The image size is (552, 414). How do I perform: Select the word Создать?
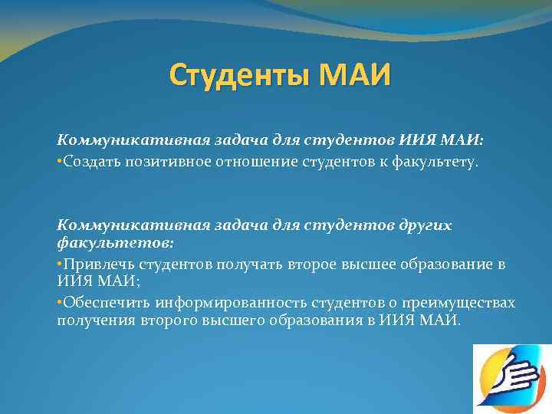(x=90, y=162)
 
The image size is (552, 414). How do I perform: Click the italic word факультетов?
(x=115, y=242)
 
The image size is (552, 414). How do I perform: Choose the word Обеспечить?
(x=100, y=303)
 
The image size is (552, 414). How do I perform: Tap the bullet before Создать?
(x=60, y=162)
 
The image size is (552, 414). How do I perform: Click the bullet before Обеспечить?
(x=60, y=303)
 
